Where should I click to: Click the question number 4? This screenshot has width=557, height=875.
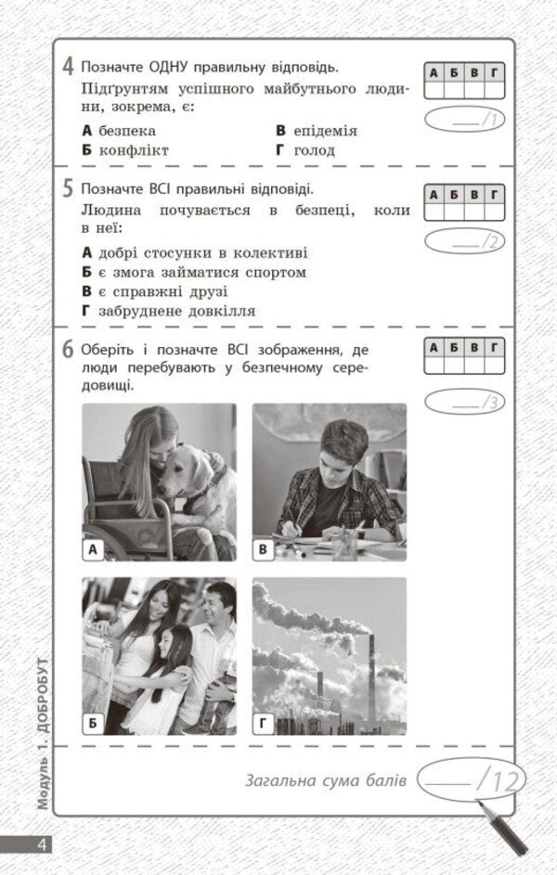coord(69,67)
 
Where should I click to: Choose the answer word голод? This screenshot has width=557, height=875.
coord(315,149)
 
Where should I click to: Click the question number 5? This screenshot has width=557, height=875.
coord(69,190)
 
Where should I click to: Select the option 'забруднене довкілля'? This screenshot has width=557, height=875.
coord(175,311)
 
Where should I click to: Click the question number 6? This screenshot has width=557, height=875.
coord(69,351)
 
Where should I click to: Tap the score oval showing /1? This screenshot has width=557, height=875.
coord(465,121)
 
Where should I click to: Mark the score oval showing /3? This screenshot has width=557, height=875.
coord(465,402)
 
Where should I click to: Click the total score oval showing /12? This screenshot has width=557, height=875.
coord(473,779)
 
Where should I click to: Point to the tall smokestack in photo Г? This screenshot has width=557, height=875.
coord(371,677)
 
